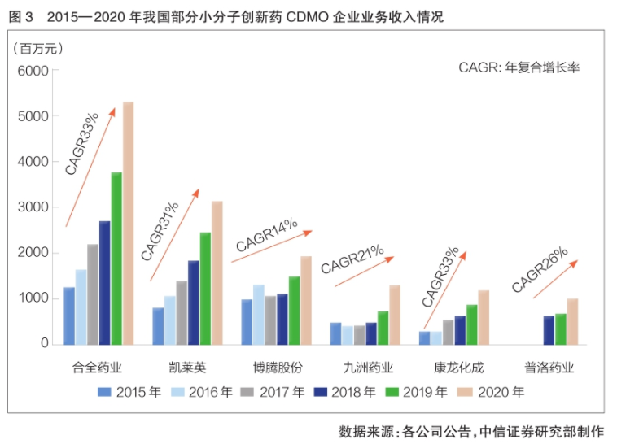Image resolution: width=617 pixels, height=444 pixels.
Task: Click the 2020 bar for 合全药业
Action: pyautogui.click(x=128, y=223)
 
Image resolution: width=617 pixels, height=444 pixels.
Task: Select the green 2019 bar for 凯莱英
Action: pyautogui.click(x=205, y=288)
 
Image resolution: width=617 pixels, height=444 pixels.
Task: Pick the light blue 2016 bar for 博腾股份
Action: pyautogui.click(x=258, y=314)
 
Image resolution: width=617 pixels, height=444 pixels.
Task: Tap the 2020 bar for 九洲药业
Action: pyautogui.click(x=395, y=315)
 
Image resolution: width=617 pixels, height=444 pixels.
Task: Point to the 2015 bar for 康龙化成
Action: pyautogui.click(x=424, y=337)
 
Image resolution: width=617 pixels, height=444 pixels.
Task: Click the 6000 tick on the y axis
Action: pyautogui.click(x=33, y=71)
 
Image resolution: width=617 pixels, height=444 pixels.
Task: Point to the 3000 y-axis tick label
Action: pyautogui.click(x=33, y=207)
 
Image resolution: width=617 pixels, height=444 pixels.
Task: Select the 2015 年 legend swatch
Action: pyautogui.click(x=104, y=392)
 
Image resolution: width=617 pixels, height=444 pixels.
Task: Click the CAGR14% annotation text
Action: pyautogui.click(x=267, y=234)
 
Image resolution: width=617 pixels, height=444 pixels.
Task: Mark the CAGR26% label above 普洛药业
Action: pyautogui.click(x=540, y=269)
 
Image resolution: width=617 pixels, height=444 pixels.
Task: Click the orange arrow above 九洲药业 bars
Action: pyautogui.click(x=364, y=272)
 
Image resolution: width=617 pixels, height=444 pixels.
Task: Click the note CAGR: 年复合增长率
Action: pyautogui.click(x=519, y=67)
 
